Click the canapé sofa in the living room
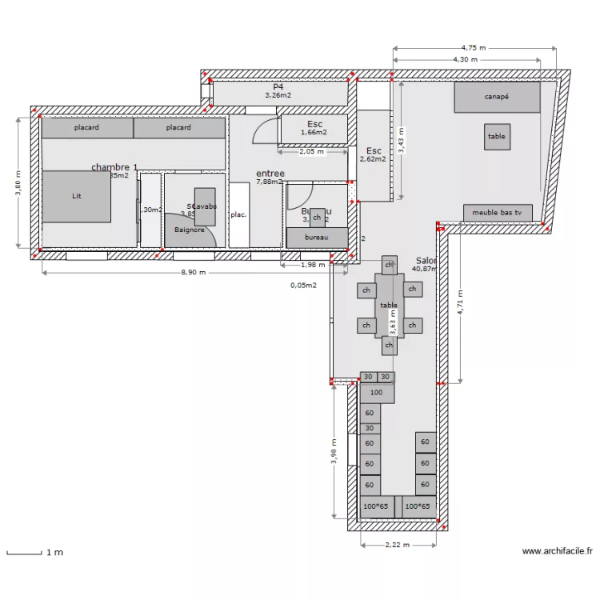point(497,97)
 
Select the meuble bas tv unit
point(497,213)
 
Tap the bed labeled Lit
point(76,196)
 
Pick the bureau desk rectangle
point(317,238)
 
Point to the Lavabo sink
point(205,206)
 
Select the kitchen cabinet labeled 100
point(376,393)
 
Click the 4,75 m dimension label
point(474,47)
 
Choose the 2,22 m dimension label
point(397,545)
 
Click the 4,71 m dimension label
point(459,303)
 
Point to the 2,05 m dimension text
point(311,150)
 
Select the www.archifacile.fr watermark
point(557,551)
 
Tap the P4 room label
point(278,86)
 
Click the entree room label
point(270,174)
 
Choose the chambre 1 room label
point(114,167)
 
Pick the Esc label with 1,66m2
point(314,125)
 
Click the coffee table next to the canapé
point(497,137)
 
